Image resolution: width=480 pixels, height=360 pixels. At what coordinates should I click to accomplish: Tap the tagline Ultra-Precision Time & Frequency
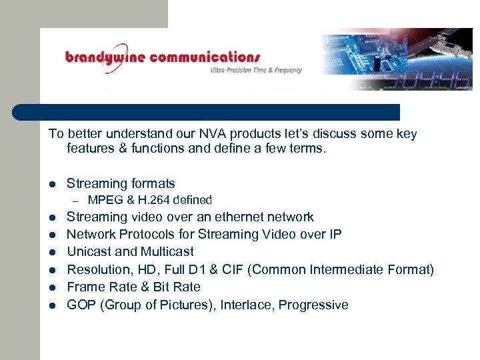(256, 70)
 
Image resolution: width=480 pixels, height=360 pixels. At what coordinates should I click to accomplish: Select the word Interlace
(247, 305)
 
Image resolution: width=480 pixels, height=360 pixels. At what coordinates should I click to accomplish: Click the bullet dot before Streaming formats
(52, 184)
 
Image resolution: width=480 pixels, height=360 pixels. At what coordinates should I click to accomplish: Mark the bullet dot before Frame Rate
(52, 287)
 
